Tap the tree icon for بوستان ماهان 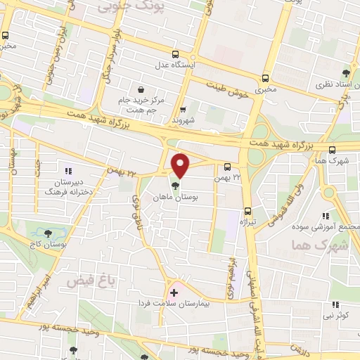[174, 186]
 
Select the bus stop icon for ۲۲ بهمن [226, 167]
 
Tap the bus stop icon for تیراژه [247, 211]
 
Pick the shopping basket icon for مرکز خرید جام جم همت [141, 90]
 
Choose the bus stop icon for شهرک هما [333, 149]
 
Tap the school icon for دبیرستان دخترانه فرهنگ [68, 170]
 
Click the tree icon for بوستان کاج [47, 233]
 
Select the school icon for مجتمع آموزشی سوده [325, 216]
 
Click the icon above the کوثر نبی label [336, 304]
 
